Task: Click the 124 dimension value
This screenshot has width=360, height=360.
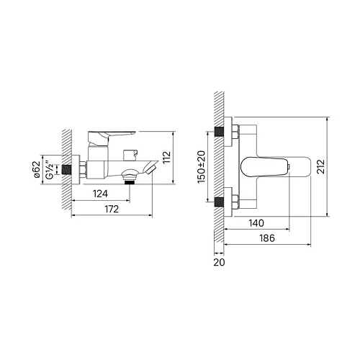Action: pyautogui.click(x=100, y=194)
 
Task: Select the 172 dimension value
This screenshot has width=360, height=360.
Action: pyautogui.click(x=112, y=210)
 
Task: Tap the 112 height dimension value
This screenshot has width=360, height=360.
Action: pyautogui.click(x=167, y=157)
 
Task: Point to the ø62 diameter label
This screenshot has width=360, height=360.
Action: pyautogui.click(x=37, y=170)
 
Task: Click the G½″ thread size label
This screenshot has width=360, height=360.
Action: pyautogui.click(x=50, y=170)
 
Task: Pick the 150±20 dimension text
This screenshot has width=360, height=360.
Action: pyautogui.click(x=201, y=167)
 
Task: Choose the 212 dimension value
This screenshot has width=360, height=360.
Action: pyautogui.click(x=320, y=166)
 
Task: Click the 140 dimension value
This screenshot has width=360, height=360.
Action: pyautogui.click(x=256, y=223)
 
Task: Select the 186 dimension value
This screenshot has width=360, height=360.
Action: pyautogui.click(x=267, y=238)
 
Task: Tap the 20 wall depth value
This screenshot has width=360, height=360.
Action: pyautogui.click(x=219, y=262)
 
